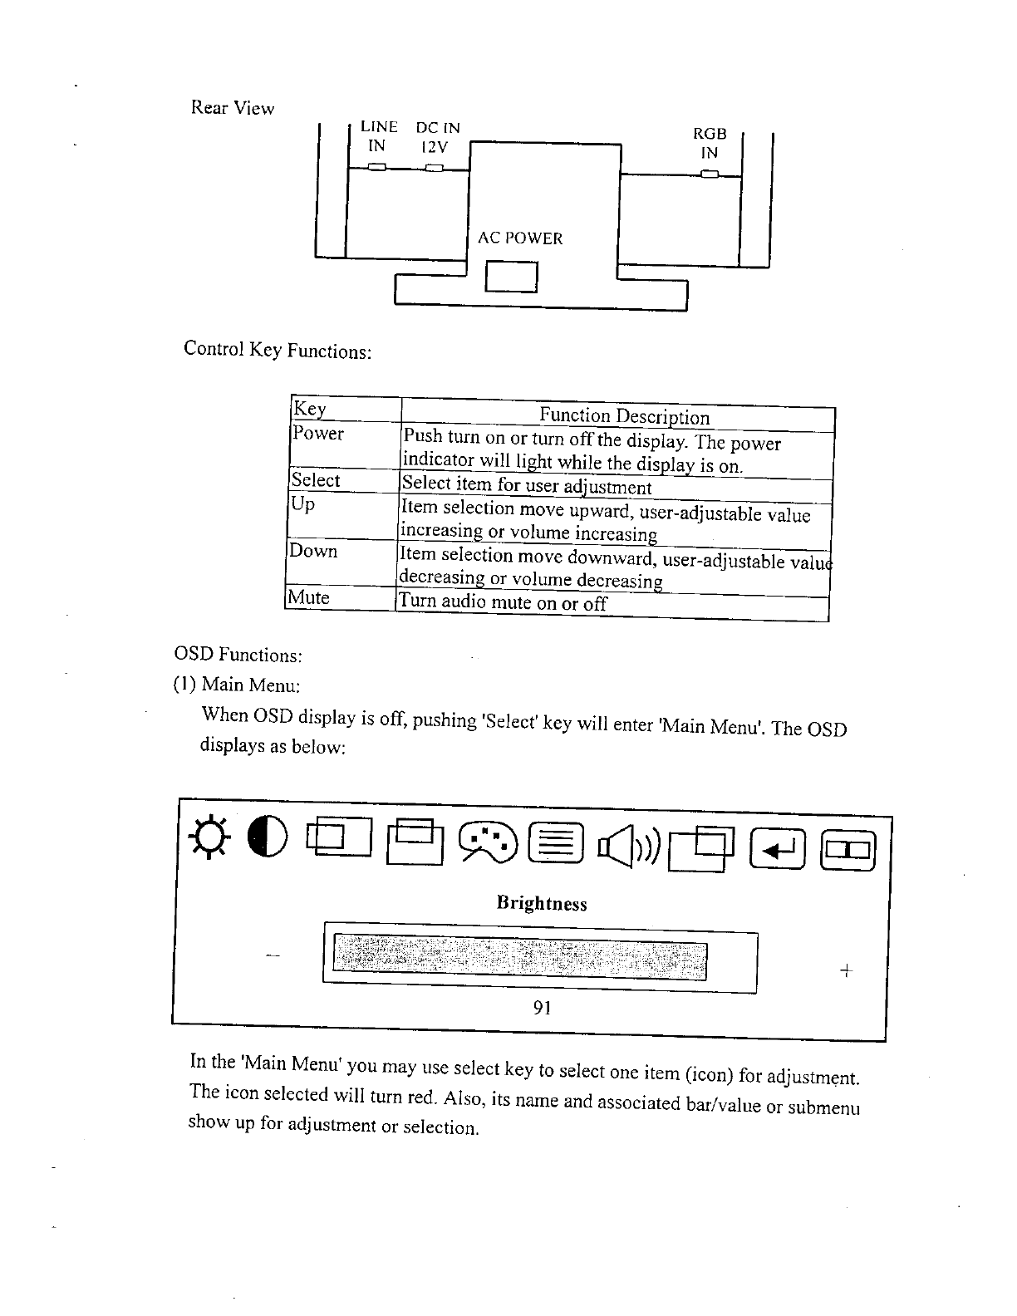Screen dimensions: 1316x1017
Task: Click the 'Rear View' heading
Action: pyautogui.click(x=233, y=108)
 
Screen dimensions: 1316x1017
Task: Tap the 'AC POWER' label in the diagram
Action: pyautogui.click(x=520, y=238)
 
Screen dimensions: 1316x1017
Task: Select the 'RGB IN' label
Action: pyautogui.click(x=710, y=143)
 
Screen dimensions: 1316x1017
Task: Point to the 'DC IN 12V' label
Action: pyautogui.click(x=437, y=138)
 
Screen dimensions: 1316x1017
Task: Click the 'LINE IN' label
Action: pyautogui.click(x=378, y=137)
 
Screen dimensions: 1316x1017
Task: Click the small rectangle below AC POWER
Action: pyautogui.click(x=512, y=277)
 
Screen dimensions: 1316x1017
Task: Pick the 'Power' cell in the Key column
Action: pyautogui.click(x=318, y=433)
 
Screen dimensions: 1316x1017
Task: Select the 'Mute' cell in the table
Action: pyautogui.click(x=309, y=597)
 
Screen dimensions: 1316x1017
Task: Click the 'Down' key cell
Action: pyautogui.click(x=313, y=551)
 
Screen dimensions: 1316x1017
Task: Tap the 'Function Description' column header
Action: pyautogui.click(x=624, y=416)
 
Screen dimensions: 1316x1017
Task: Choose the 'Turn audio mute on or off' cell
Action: pyautogui.click(x=503, y=602)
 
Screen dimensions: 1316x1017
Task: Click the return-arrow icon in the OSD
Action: pyautogui.click(x=778, y=850)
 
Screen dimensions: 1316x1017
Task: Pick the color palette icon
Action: pyautogui.click(x=490, y=841)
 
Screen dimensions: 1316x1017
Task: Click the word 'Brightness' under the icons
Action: pyautogui.click(x=541, y=903)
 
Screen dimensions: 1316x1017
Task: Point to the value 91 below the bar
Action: pyautogui.click(x=542, y=1008)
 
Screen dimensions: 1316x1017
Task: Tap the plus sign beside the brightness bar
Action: pyautogui.click(x=845, y=970)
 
